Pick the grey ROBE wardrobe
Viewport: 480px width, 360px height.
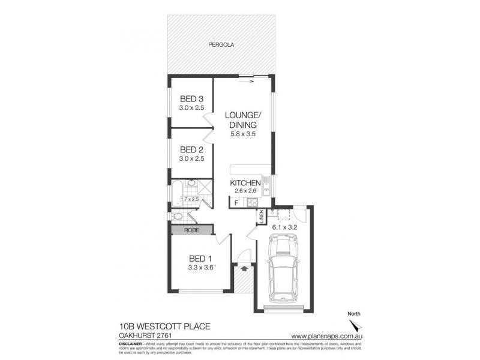[x=191, y=229]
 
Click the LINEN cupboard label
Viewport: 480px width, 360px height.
[x=262, y=217]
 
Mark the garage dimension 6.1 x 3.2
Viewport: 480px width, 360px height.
[x=285, y=228]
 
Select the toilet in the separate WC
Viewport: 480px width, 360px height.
[x=179, y=217]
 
